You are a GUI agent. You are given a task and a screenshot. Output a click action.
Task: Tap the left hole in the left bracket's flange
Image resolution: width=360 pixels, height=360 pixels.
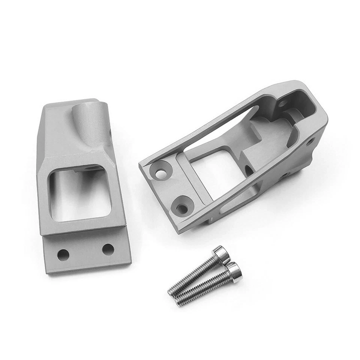[x=63, y=255]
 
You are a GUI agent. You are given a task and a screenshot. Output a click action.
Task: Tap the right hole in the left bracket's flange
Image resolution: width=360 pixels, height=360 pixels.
[x=108, y=249]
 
